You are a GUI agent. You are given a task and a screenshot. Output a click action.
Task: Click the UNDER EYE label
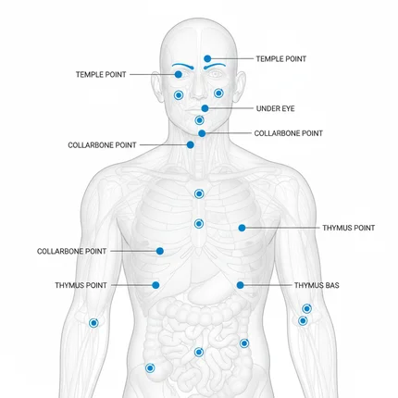[275, 108]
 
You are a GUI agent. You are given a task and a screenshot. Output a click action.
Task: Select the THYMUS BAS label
[317, 285]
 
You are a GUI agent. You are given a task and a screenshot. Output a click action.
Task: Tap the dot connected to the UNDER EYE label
[205, 108]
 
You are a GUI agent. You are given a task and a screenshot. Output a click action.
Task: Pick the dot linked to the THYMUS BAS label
[241, 285]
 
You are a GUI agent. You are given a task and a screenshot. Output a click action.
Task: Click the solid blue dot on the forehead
[207, 58]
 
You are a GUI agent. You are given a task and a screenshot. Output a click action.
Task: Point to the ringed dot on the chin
[199, 120]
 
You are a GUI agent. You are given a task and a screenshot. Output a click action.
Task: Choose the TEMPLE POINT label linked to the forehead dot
[281, 59]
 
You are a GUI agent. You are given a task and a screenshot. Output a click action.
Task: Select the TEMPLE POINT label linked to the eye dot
[101, 75]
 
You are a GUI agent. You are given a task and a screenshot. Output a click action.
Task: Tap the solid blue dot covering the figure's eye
[179, 74]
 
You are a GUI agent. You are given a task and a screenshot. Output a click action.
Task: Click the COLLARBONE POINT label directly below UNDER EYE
[289, 133]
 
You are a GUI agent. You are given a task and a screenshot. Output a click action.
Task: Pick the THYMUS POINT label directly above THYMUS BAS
[349, 228]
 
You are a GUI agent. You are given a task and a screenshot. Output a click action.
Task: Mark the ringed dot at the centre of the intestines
[199, 352]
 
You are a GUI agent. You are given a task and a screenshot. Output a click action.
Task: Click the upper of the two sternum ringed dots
[199, 193]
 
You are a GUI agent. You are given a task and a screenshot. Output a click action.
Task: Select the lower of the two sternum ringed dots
[199, 224]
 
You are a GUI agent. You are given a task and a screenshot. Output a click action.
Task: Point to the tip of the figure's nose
[198, 98]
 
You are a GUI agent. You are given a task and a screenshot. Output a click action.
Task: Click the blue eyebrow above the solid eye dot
[183, 66]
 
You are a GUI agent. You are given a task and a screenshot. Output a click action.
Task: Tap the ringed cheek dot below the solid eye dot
[179, 95]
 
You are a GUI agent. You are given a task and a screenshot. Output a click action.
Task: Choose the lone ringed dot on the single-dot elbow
[93, 323]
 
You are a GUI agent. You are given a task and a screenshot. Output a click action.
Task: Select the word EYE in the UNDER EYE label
[288, 108]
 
